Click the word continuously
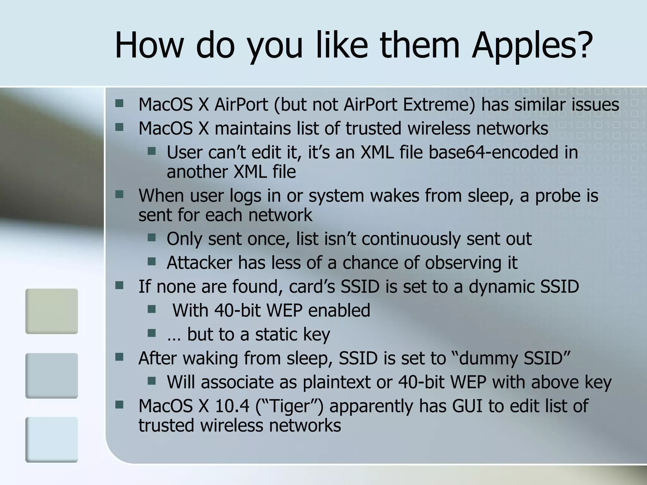411,239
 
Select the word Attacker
199,263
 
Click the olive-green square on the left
51,311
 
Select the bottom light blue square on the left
51,440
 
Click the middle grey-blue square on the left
51,375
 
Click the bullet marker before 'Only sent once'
152,237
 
